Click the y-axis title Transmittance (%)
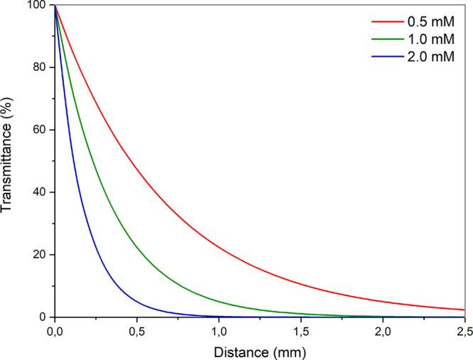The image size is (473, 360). [x=10, y=161]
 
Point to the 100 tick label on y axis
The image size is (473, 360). [x=37, y=6]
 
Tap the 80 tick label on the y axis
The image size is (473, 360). [x=40, y=68]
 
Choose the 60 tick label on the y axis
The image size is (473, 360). [x=40, y=131]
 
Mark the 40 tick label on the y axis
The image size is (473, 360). [x=40, y=192]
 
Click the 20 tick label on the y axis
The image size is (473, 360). [x=40, y=255]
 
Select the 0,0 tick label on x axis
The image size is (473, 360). [x=55, y=331]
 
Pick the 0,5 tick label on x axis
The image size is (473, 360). [x=137, y=331]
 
